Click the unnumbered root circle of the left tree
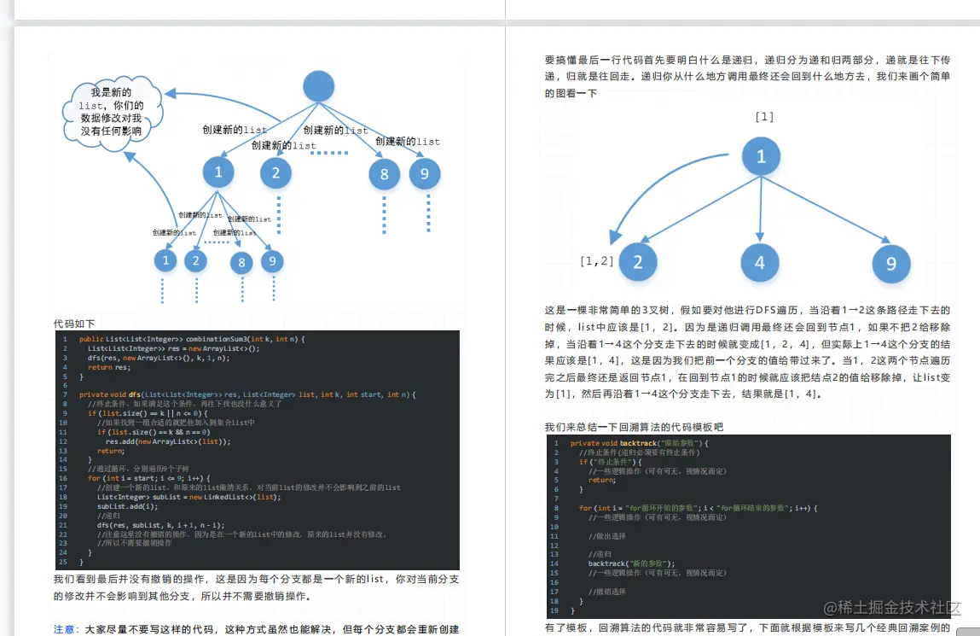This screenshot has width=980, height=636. (x=319, y=86)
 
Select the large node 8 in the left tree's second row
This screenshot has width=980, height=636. (x=384, y=175)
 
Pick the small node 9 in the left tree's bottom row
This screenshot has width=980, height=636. (x=272, y=261)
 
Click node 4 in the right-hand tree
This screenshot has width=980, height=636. (x=760, y=263)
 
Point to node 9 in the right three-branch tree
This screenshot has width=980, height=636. (x=891, y=264)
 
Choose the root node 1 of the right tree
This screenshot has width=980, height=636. (x=761, y=156)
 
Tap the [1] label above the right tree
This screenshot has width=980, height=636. (x=764, y=116)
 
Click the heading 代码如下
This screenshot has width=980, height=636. (x=74, y=324)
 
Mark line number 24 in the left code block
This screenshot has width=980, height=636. (x=63, y=553)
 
